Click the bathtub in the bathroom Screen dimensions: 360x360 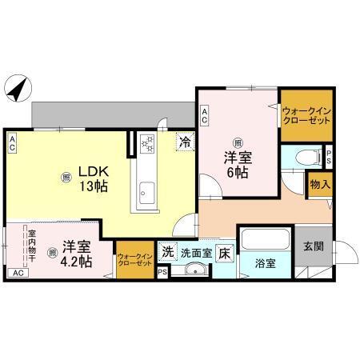[267, 239]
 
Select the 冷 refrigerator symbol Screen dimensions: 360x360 [185, 143]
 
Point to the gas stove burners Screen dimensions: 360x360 [148, 145]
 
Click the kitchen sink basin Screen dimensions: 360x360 [147, 190]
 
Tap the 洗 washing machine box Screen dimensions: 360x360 [168, 251]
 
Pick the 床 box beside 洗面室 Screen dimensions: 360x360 [225, 251]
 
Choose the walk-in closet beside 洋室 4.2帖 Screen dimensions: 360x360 [134, 258]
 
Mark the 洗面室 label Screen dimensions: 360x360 [196, 251]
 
